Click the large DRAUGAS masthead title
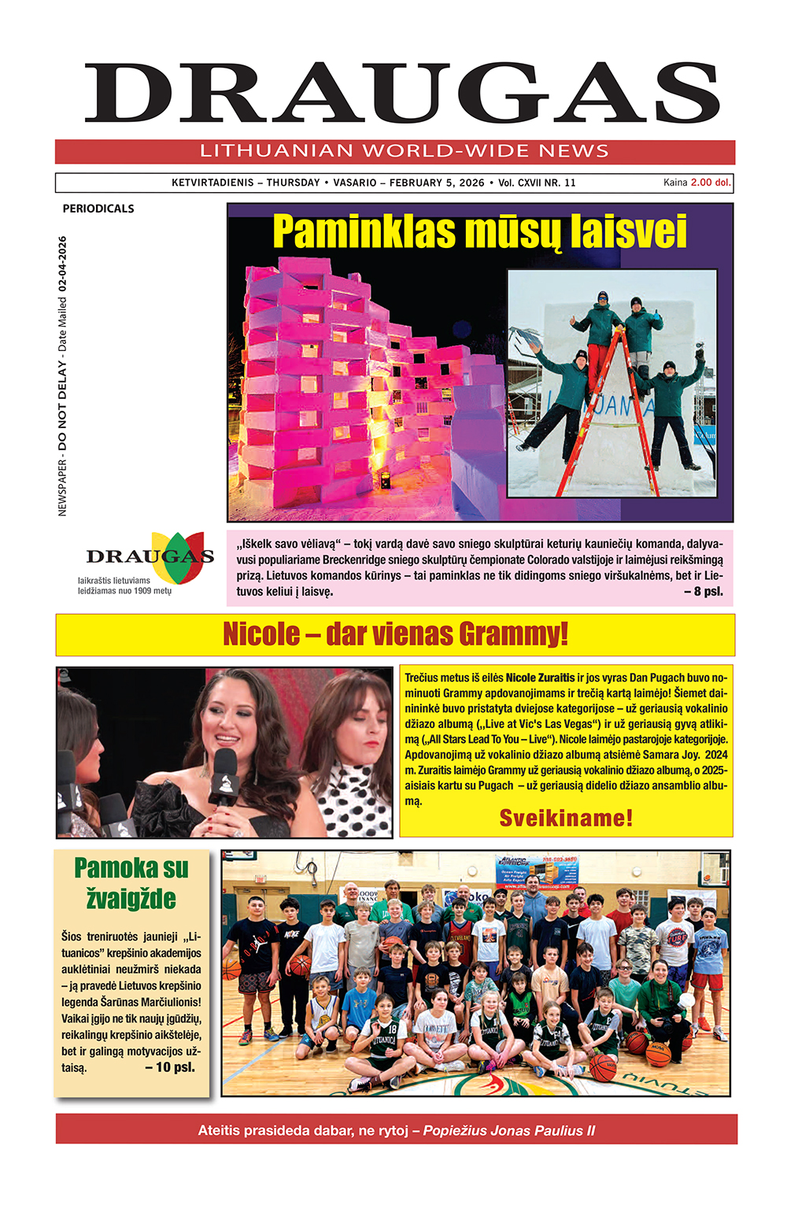pos(402,94)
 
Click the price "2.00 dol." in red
pos(711,183)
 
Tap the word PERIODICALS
pos(98,209)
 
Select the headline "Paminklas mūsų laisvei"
pos(479,232)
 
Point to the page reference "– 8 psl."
pos(703,591)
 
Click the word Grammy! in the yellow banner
pos(513,634)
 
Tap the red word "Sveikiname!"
pos(566,819)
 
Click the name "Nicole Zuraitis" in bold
pos(540,678)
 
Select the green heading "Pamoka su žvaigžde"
pos(131,883)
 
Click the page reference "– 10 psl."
pos(170,1068)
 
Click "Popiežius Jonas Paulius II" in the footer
pos(508,1130)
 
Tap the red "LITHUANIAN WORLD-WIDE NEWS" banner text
pos(404,151)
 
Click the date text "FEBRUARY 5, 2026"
pos(437,183)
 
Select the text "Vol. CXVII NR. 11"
pos(537,183)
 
